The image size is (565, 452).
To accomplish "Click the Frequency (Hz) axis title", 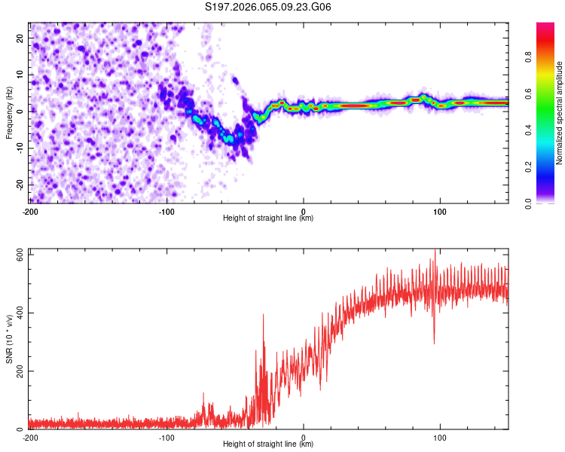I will click(x=9, y=113).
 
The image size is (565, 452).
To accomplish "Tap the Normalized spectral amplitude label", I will click(x=560, y=113).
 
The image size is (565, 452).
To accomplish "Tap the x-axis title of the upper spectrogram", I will click(x=268, y=218).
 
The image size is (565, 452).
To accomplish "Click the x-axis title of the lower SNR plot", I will click(x=268, y=444).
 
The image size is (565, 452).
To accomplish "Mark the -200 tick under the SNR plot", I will click(x=30, y=437).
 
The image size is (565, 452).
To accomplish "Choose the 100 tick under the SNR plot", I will click(x=440, y=437).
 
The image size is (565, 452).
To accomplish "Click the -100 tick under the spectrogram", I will click(x=166, y=210).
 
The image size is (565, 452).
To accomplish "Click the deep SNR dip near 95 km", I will click(x=434, y=343).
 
